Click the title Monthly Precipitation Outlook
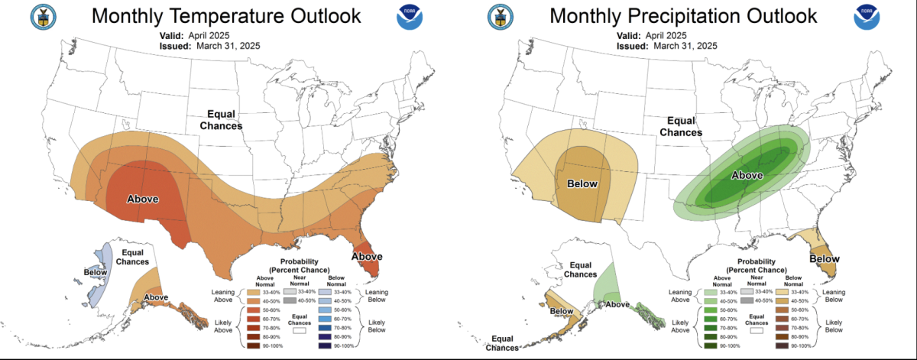[683, 16]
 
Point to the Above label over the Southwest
[142, 199]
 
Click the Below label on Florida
[824, 259]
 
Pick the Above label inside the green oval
[747, 175]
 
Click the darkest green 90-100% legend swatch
[707, 346]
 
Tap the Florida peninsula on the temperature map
[368, 264]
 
